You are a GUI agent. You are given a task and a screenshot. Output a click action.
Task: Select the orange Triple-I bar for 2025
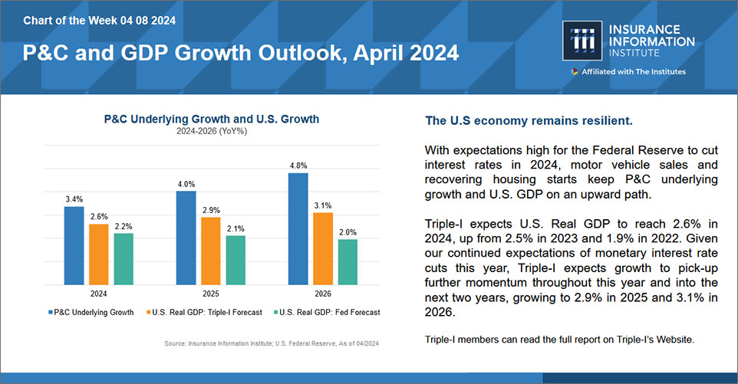(210, 251)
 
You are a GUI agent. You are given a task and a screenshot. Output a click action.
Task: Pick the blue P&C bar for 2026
(298, 228)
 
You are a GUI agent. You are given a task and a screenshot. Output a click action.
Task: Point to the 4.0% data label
(186, 184)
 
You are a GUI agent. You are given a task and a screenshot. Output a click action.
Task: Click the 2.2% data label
(124, 226)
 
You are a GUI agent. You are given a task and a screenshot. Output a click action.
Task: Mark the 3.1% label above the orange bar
(323, 205)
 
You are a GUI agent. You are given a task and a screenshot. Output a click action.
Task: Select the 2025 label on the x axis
(210, 292)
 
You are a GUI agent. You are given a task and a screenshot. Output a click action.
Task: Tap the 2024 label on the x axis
(99, 292)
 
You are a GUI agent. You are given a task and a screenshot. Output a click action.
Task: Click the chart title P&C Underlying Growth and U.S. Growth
(211, 120)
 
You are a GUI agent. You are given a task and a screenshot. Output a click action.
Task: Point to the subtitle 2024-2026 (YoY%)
(211, 131)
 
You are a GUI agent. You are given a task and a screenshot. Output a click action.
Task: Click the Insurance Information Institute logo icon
(577, 41)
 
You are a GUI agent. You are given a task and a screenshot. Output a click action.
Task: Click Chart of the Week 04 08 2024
(99, 19)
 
